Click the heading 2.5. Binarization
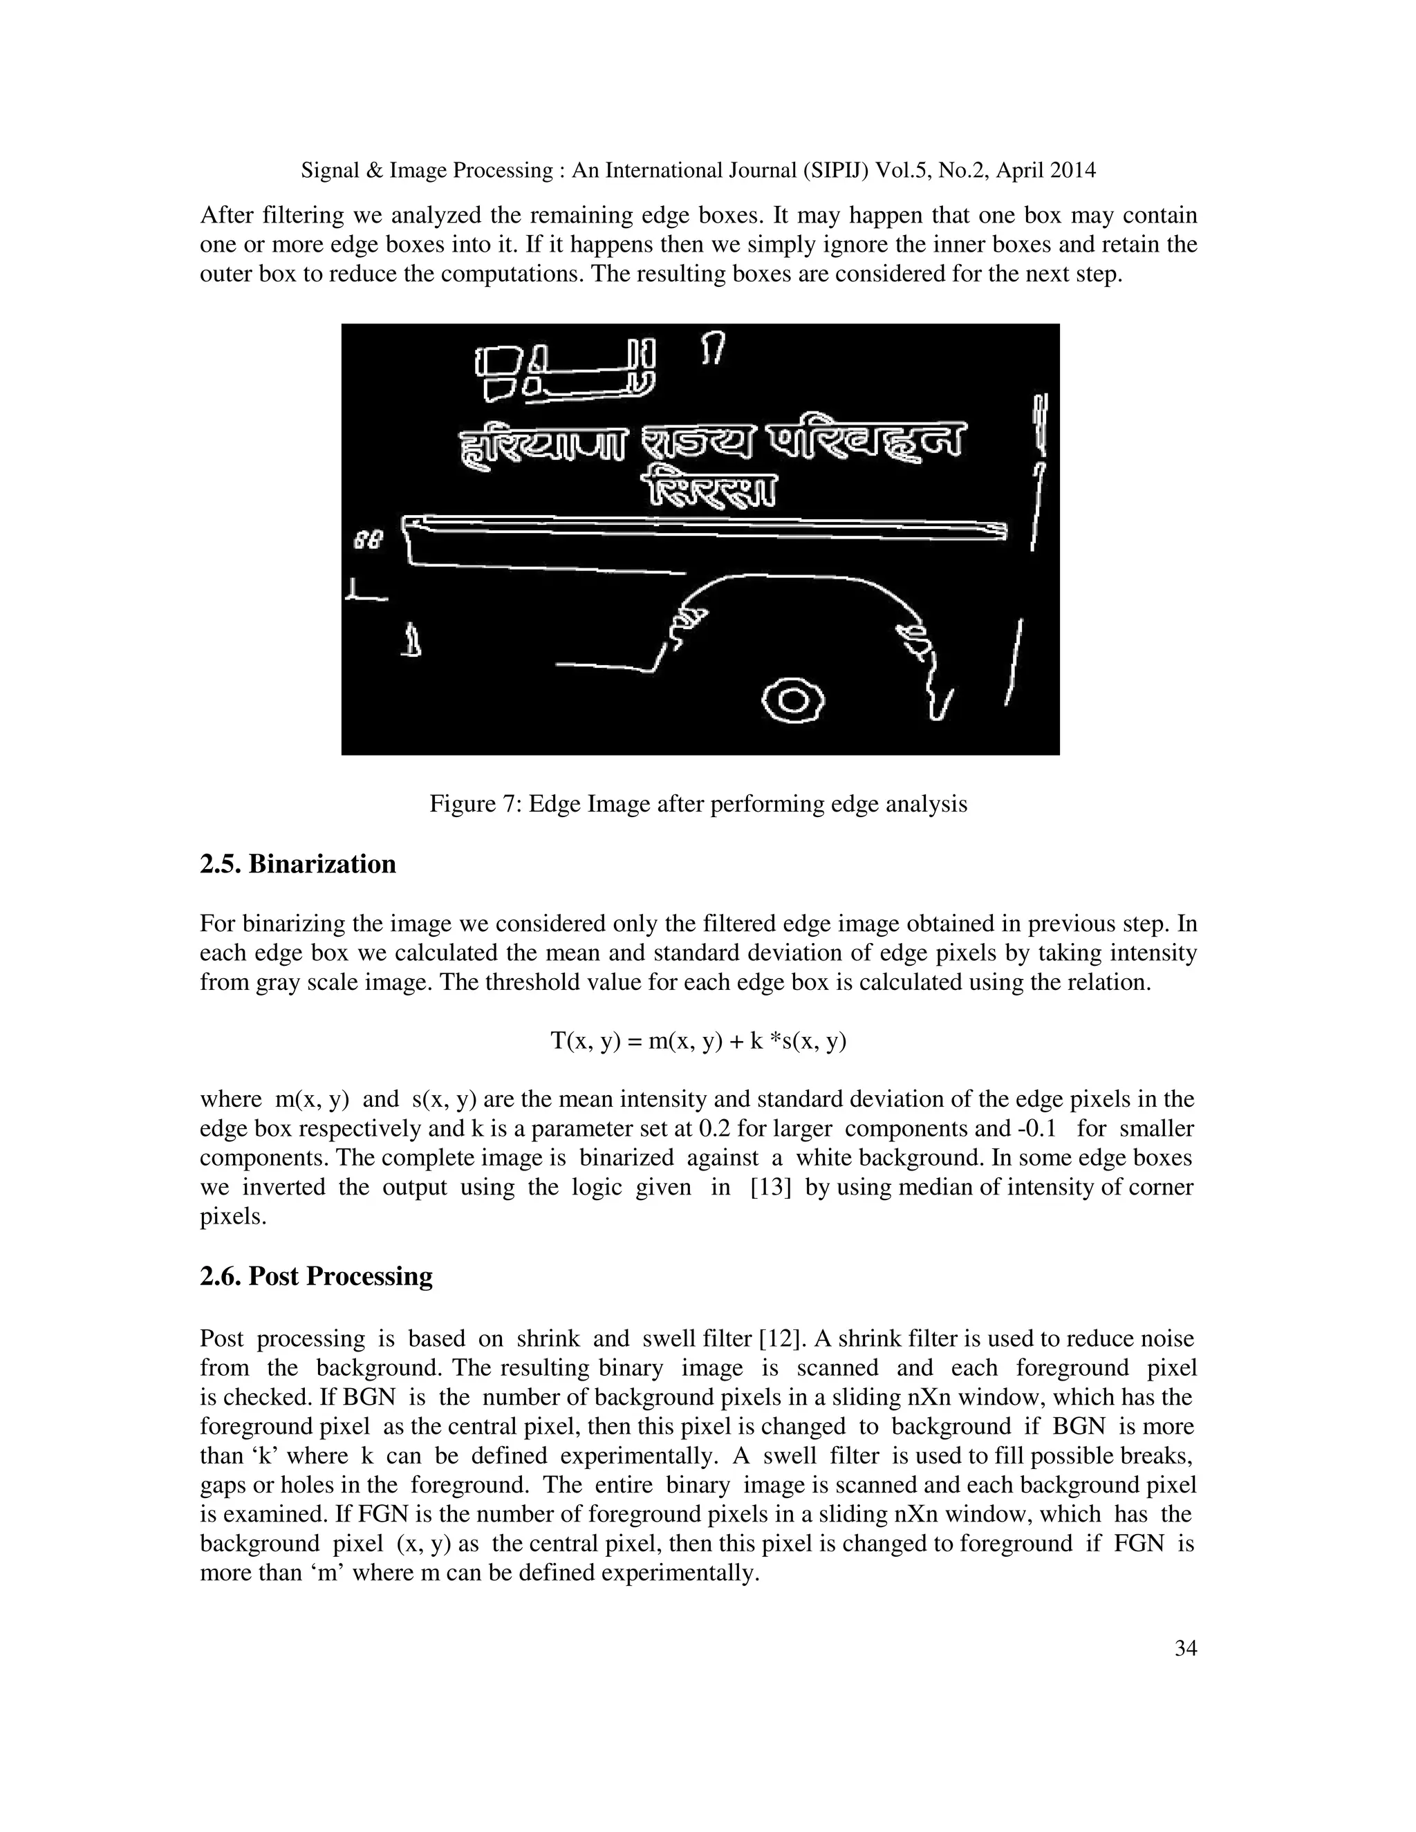pyautogui.click(x=298, y=864)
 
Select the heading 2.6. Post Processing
pyautogui.click(x=316, y=1276)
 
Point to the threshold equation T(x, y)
pyautogui.click(x=698, y=1041)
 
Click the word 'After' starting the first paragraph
pyautogui.click(x=227, y=216)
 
